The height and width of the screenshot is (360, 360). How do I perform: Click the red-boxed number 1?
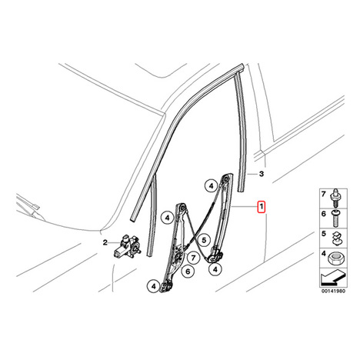(x=261, y=207)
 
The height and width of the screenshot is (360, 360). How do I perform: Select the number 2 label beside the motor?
(x=105, y=242)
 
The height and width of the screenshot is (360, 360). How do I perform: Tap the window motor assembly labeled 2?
(x=128, y=247)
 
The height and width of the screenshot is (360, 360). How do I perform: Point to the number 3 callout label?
(x=262, y=174)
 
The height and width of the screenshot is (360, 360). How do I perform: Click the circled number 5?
(x=204, y=240)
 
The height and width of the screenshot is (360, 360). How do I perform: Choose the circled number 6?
(x=188, y=272)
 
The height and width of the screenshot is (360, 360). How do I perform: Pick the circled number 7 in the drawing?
(x=193, y=258)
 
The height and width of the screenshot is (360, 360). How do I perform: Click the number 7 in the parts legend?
(x=323, y=194)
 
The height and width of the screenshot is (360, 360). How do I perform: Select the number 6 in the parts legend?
(x=323, y=213)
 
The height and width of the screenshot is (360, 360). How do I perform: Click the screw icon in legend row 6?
(x=336, y=218)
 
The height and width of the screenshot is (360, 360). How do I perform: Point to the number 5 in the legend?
(x=323, y=234)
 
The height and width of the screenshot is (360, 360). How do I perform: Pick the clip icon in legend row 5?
(x=335, y=238)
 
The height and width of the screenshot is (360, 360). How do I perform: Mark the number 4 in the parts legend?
(x=323, y=254)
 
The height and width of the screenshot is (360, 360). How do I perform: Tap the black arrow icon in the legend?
(x=333, y=278)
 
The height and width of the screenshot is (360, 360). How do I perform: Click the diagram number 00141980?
(x=333, y=291)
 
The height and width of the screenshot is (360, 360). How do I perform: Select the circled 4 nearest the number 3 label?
(x=211, y=185)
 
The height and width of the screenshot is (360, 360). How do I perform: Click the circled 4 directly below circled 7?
(x=215, y=269)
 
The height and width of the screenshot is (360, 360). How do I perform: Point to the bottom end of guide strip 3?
(x=241, y=190)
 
